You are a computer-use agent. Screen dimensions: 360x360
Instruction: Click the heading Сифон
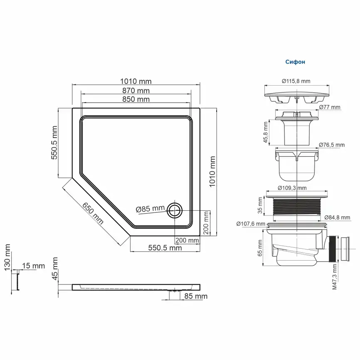[x=295, y=62]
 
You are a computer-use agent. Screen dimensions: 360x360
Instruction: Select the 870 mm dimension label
[x=136, y=90]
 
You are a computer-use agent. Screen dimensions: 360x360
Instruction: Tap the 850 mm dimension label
[x=136, y=99]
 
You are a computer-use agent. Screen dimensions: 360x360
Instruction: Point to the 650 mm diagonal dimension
[x=92, y=213]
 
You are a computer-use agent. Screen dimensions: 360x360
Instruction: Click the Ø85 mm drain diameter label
[x=150, y=209]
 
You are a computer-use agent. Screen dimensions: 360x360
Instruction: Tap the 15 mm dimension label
[x=33, y=266]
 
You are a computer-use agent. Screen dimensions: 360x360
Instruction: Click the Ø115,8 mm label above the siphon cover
[x=296, y=81]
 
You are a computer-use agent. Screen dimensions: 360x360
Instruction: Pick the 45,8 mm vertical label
[x=265, y=133]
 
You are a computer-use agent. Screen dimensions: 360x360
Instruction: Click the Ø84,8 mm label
[x=337, y=217]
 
